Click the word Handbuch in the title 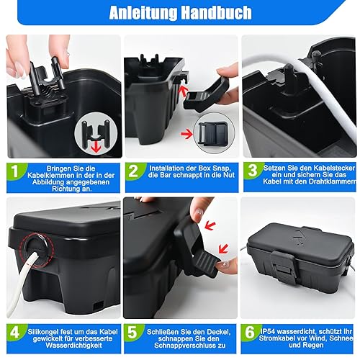point(216,13)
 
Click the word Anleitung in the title point(143,13)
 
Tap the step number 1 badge point(15,171)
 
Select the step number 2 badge point(133,171)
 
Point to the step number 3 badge point(253,171)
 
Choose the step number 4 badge point(15,333)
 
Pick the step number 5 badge point(132,333)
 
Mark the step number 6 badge point(250,332)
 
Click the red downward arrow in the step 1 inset point(96,146)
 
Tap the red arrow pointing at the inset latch point(186,134)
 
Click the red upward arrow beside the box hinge point(184,91)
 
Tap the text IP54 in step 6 point(269,331)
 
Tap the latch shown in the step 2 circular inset point(213,133)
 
